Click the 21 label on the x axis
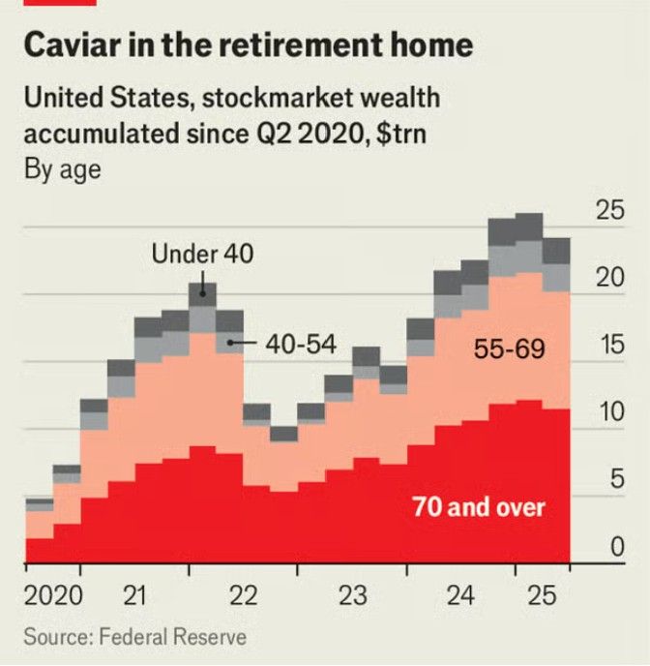pos(136,595)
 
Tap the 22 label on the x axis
pos(245,595)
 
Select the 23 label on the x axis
pos(354,595)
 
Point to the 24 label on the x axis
pos(462,595)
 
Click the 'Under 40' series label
pos(202,255)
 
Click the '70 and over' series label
pos(479,506)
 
